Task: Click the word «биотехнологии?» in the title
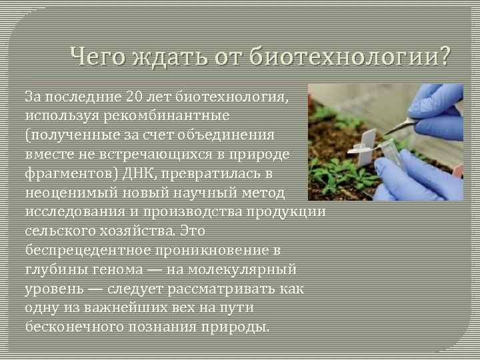click(350, 58)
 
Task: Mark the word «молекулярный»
click(243, 270)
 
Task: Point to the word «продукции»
click(289, 212)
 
